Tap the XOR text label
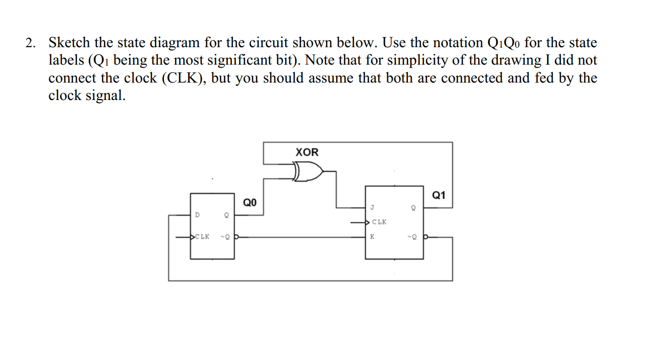click(307, 152)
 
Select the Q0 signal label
click(249, 203)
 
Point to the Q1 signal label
click(439, 195)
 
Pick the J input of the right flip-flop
click(372, 208)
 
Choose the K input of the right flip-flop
click(372, 237)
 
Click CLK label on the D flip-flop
click(203, 237)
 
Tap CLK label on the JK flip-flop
click(379, 223)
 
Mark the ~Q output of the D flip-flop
click(225, 237)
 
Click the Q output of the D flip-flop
click(226, 216)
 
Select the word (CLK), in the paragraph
click(184, 78)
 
